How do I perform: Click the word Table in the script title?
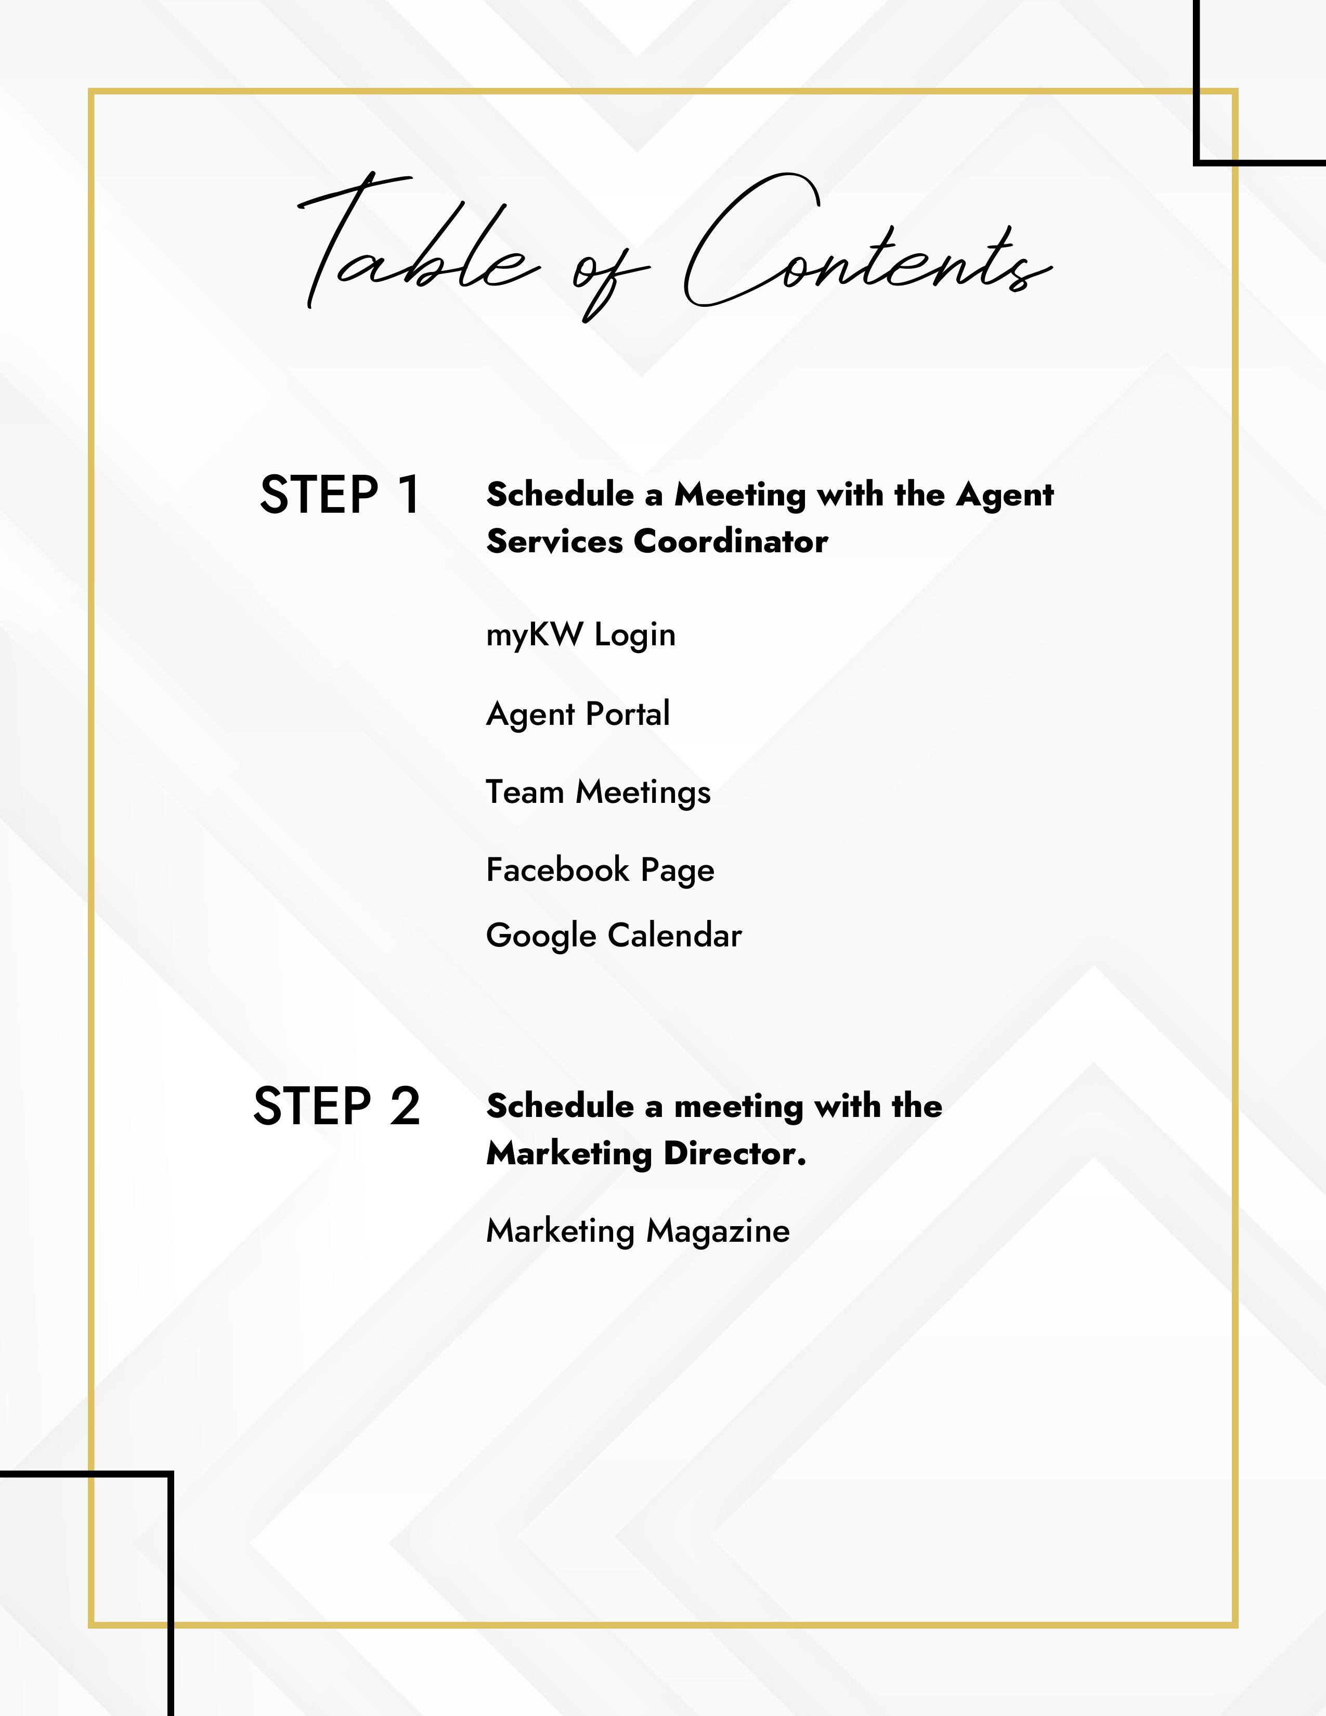pos(417,248)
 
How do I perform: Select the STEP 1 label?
pos(340,495)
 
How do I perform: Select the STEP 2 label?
pos(336,1106)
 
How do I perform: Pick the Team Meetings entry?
pos(598,792)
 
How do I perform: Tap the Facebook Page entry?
pos(600,870)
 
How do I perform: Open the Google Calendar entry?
pos(614,935)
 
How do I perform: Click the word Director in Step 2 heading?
pos(734,1153)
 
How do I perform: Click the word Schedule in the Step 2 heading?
pos(560,1106)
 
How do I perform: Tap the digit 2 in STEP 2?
pos(405,1106)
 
